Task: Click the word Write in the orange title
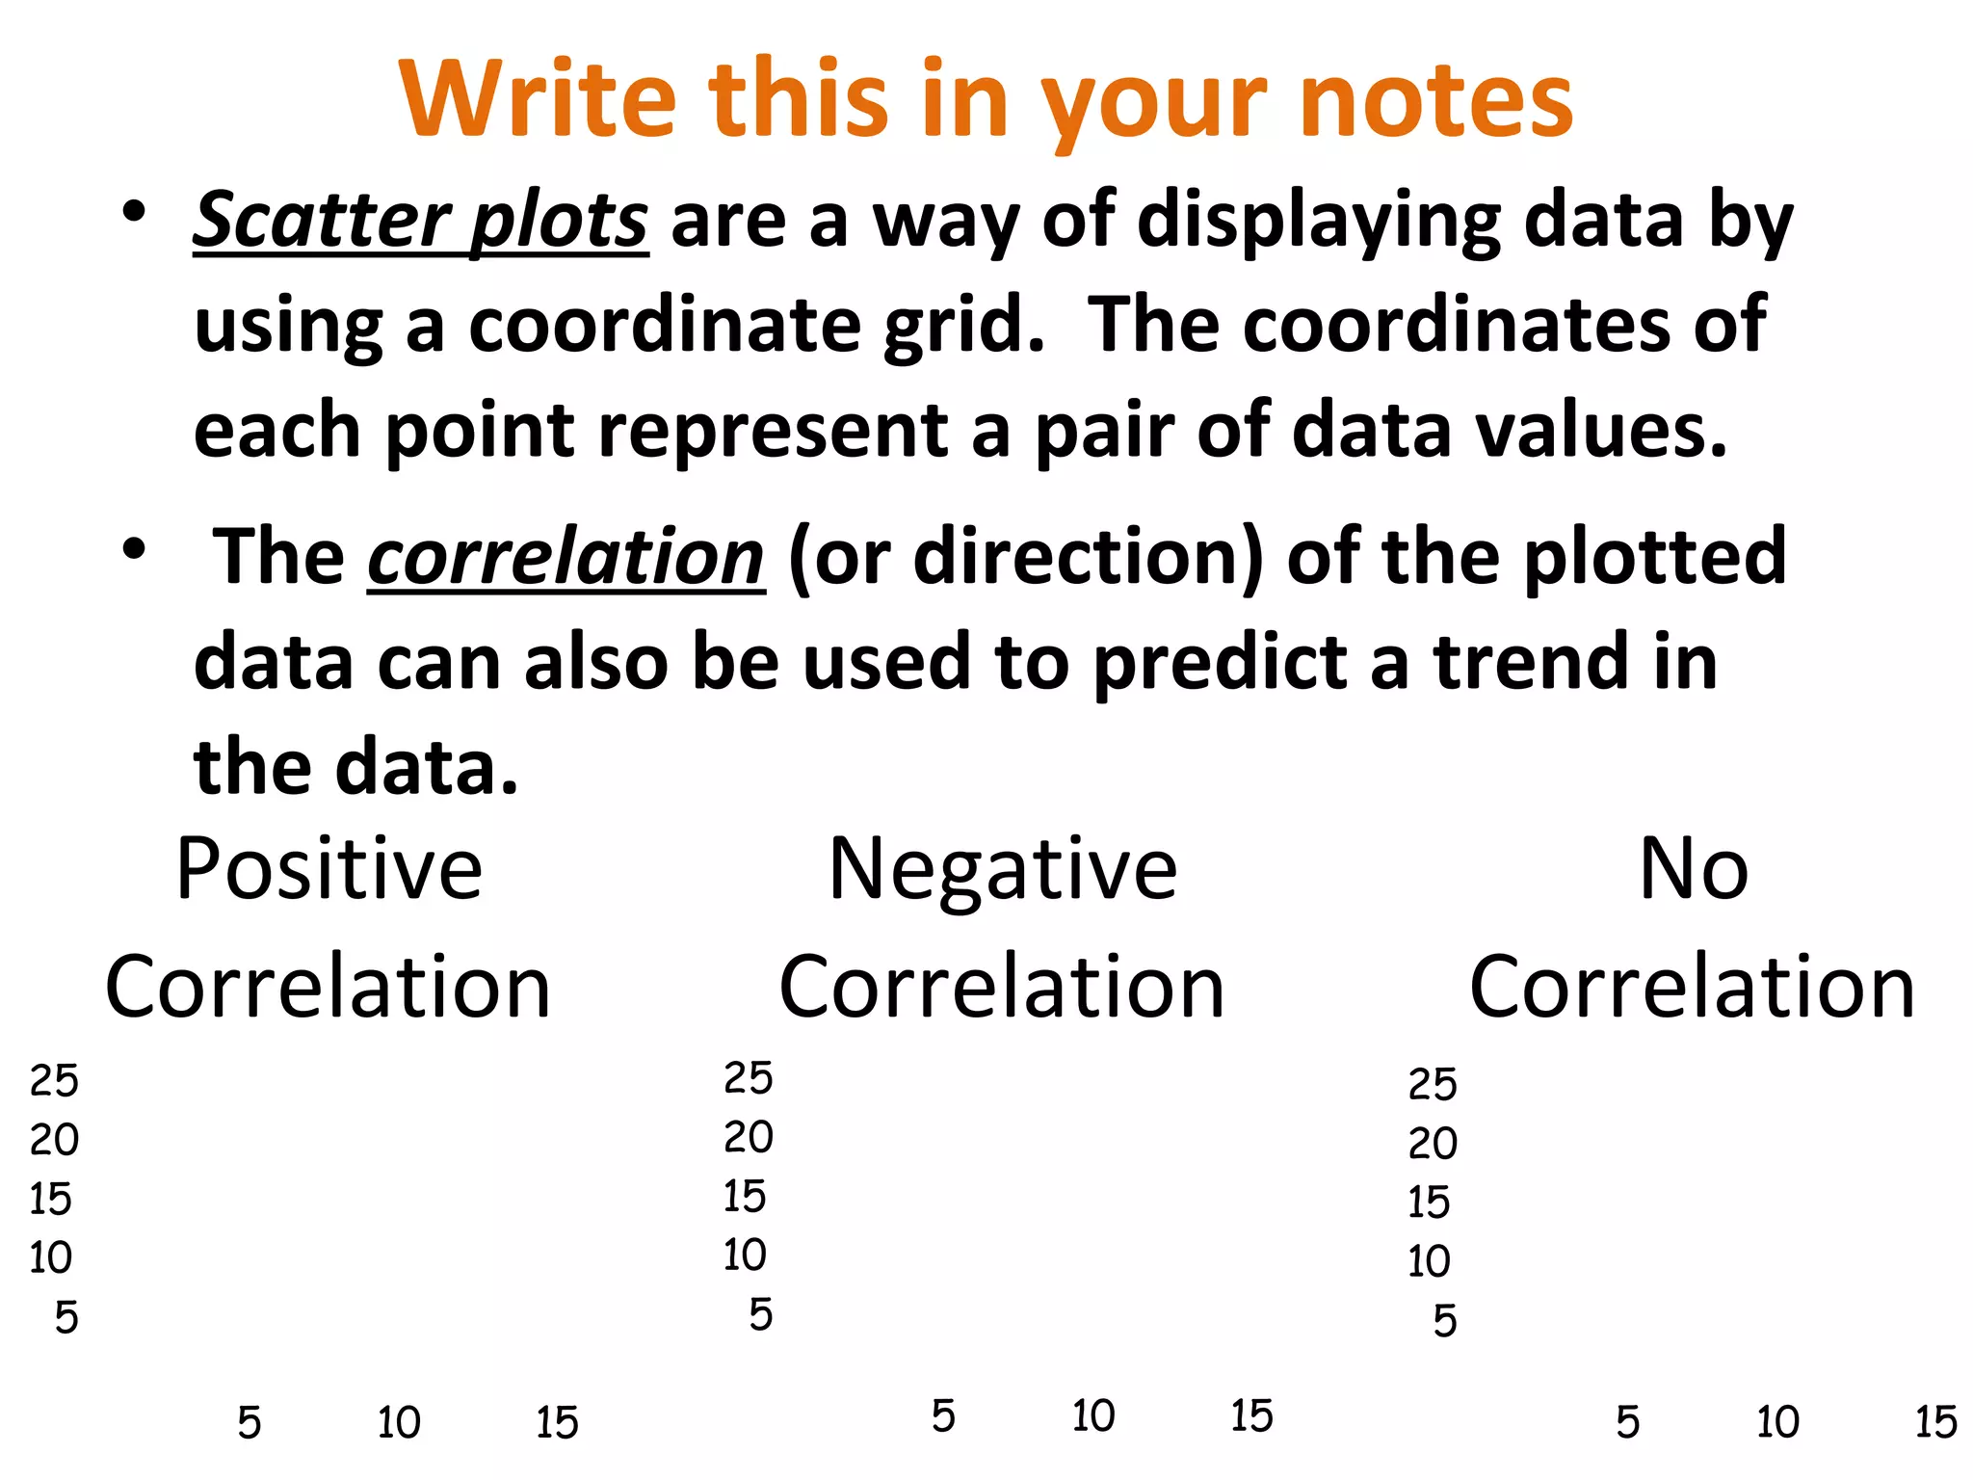click(x=538, y=99)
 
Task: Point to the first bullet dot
click(x=134, y=211)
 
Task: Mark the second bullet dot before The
click(x=134, y=548)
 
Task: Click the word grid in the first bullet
click(x=963, y=326)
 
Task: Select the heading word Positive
click(x=329, y=870)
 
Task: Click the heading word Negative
click(x=1002, y=870)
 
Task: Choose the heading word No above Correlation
click(x=1693, y=870)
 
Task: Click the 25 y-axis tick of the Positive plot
click(x=54, y=1081)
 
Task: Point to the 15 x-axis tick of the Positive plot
click(x=557, y=1423)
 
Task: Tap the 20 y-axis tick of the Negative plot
click(x=749, y=1138)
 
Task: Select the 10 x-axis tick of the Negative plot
click(x=1093, y=1416)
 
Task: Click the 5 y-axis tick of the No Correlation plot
click(x=1444, y=1321)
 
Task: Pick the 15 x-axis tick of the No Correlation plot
click(x=1935, y=1423)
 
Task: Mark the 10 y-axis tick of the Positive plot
click(x=50, y=1258)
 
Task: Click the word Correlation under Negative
click(x=1002, y=987)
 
